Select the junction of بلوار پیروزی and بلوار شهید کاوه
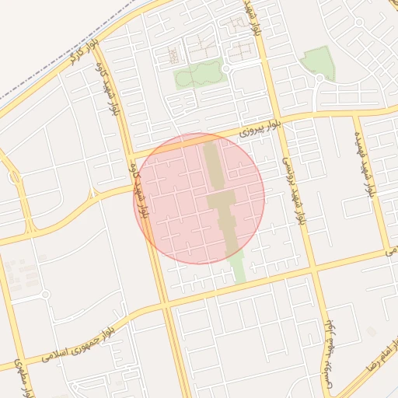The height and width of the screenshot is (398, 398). pyautogui.click(x=131, y=152)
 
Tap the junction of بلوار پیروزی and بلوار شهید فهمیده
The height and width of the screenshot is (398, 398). pyautogui.click(x=354, y=115)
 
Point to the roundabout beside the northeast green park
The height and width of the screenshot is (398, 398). pyautogui.click(x=319, y=79)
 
